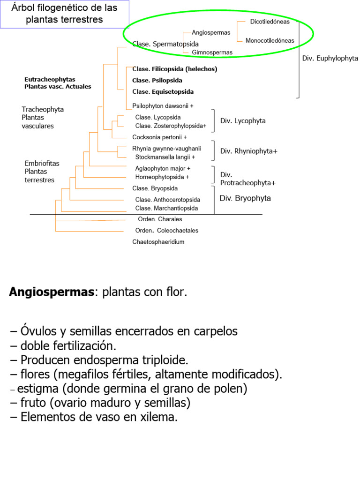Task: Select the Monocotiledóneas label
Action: [x=270, y=41]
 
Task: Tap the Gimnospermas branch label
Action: [x=212, y=52]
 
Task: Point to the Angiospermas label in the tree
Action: [x=211, y=33]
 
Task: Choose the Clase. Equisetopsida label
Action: [x=163, y=92]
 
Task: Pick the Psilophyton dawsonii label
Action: [x=163, y=106]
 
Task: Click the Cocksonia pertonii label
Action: [x=159, y=137]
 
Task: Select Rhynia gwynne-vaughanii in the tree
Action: [x=166, y=149]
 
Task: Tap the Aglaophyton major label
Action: [x=163, y=169]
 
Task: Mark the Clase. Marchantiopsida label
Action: [x=166, y=208]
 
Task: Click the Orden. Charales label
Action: [x=160, y=219]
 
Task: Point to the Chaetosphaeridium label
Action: [x=158, y=242]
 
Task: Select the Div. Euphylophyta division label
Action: [x=330, y=59]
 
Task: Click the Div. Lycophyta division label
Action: [x=243, y=121]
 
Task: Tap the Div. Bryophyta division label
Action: [x=245, y=198]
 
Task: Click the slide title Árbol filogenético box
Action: [x=64, y=14]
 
